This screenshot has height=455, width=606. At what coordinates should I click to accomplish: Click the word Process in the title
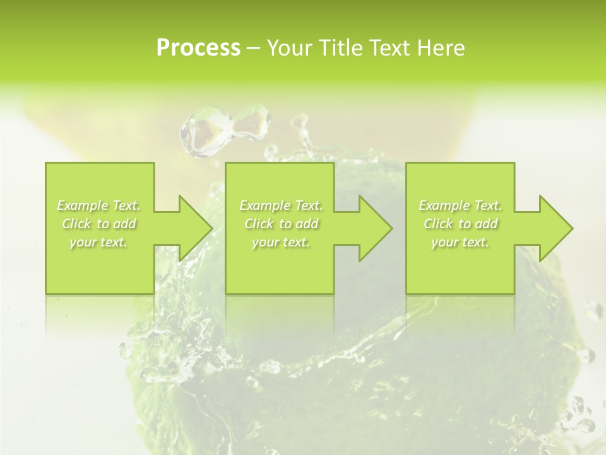[198, 48]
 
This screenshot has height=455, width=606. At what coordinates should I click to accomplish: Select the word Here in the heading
[442, 48]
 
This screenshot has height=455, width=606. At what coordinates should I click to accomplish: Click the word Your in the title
[288, 48]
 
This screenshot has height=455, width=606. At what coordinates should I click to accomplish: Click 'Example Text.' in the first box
[98, 205]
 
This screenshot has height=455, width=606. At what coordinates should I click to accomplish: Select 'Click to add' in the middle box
[281, 224]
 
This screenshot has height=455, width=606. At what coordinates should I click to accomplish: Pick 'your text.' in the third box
[460, 242]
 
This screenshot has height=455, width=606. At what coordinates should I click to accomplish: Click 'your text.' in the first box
[98, 242]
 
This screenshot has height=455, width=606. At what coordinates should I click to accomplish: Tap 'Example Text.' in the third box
[460, 205]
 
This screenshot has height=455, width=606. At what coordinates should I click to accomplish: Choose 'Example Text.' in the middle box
[281, 205]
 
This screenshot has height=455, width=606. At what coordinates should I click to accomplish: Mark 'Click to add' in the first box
[98, 224]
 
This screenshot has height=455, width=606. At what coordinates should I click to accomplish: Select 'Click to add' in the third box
[460, 224]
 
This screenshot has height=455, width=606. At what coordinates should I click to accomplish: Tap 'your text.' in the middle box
[281, 242]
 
